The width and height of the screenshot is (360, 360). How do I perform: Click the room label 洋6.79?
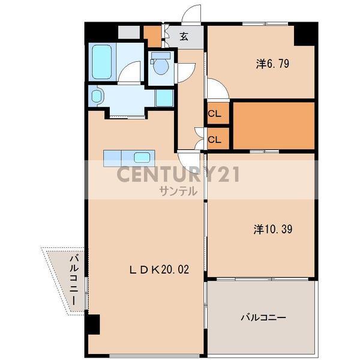272,64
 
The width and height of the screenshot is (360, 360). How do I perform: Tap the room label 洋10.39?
273,229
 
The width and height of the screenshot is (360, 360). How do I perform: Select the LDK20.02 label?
160,269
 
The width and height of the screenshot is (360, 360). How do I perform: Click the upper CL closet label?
214,113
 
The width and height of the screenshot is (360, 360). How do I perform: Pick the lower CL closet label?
214,139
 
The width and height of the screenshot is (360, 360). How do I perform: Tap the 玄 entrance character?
184,37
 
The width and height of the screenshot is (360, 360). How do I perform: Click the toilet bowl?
161,66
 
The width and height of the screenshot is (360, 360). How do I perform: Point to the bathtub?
102,62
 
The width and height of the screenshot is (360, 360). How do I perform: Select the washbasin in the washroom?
97,96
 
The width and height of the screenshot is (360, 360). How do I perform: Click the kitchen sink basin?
142,157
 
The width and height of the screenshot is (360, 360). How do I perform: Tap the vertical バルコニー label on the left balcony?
74,280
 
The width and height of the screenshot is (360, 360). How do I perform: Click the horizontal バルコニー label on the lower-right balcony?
263,318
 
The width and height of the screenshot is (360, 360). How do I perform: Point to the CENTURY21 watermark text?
178,175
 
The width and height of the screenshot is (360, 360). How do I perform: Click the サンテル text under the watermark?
178,191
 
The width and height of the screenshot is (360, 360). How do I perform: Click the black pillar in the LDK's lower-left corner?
93,324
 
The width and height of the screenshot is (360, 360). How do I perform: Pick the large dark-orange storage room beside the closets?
274,125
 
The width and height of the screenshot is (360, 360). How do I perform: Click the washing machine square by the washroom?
164,98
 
